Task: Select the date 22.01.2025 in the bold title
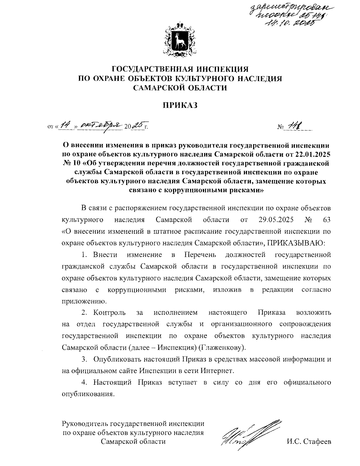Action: click(312, 155)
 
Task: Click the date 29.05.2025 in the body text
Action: click(276, 220)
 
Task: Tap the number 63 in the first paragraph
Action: click(327, 220)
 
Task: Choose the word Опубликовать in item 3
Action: click(117, 359)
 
